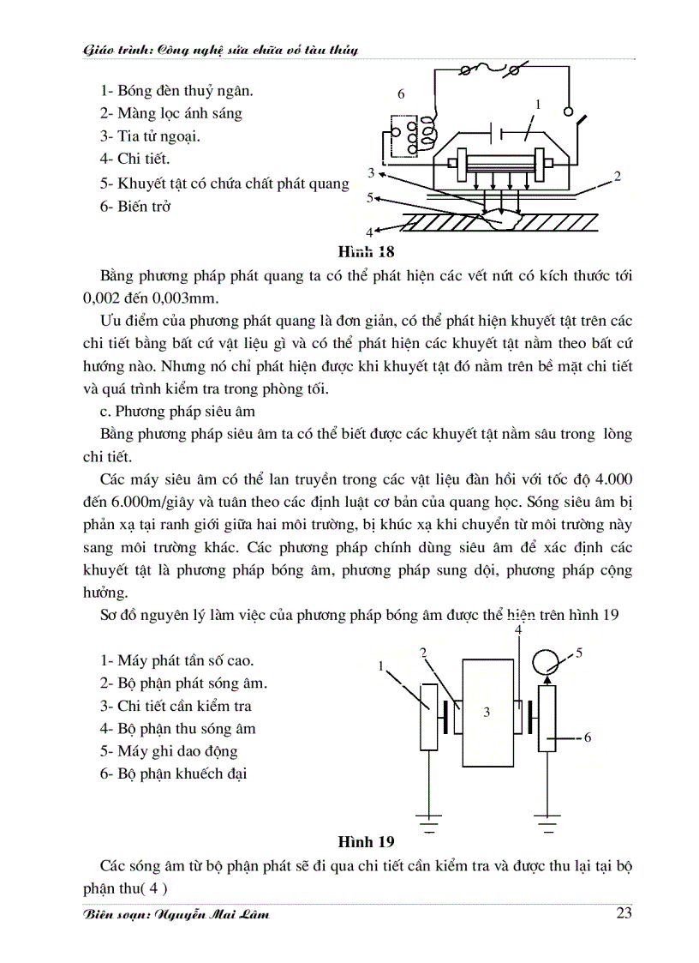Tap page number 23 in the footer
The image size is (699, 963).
[x=624, y=912]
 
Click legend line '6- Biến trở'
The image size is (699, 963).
[x=135, y=207]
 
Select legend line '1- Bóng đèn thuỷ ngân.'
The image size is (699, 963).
[x=176, y=90]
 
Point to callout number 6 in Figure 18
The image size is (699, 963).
[x=399, y=93]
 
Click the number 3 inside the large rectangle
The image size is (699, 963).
[x=486, y=711]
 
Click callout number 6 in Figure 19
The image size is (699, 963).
[x=588, y=737]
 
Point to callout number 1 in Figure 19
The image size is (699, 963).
[x=380, y=665]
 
